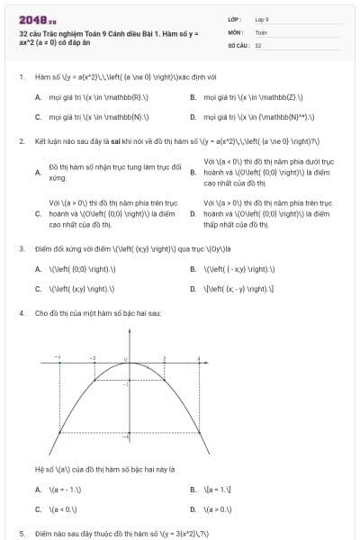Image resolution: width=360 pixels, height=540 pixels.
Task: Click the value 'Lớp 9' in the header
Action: pos(261,18)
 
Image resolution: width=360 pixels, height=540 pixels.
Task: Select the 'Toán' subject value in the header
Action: pos(261,31)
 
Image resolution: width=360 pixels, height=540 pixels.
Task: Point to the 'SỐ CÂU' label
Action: pos(237,44)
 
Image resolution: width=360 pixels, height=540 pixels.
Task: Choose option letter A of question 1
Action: pos(38,97)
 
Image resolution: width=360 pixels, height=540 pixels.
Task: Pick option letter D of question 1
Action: pos(193,116)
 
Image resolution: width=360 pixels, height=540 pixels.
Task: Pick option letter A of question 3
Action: pos(38,268)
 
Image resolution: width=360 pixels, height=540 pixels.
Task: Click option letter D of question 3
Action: pos(193,288)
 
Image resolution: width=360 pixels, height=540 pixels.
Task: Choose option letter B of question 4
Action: pos(193,490)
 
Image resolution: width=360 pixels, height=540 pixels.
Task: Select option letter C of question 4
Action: pos(38,508)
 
